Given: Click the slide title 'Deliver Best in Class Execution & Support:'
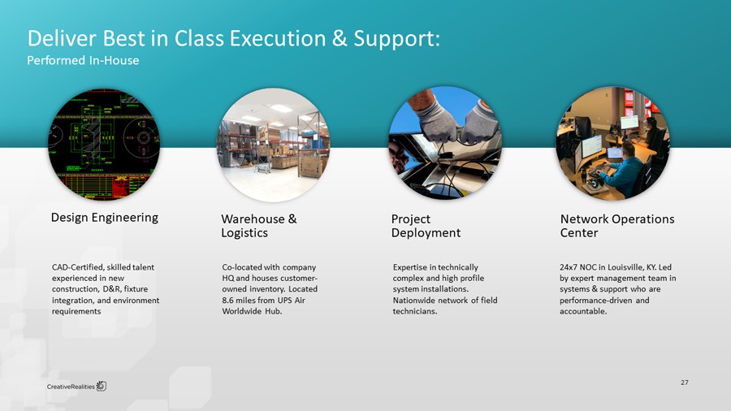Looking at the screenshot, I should click(x=234, y=38).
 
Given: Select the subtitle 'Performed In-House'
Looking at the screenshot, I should click(x=84, y=61).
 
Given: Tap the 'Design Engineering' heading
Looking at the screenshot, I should click(x=105, y=218).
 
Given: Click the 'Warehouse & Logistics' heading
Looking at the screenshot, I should click(x=258, y=226).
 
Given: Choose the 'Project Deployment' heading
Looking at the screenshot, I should click(x=426, y=226).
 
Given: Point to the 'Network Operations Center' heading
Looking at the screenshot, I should click(x=617, y=226).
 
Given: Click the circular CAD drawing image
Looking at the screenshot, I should click(x=104, y=143).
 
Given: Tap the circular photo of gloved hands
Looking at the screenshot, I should click(x=445, y=143).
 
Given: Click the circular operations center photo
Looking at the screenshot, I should click(x=612, y=143).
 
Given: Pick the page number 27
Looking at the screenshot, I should click(x=684, y=382).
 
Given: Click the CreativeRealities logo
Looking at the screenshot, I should click(x=76, y=385).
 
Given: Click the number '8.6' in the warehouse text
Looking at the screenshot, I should click(x=228, y=301).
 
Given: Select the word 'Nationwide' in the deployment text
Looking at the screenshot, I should click(x=413, y=301).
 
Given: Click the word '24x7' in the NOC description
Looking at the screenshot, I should click(x=570, y=267).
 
